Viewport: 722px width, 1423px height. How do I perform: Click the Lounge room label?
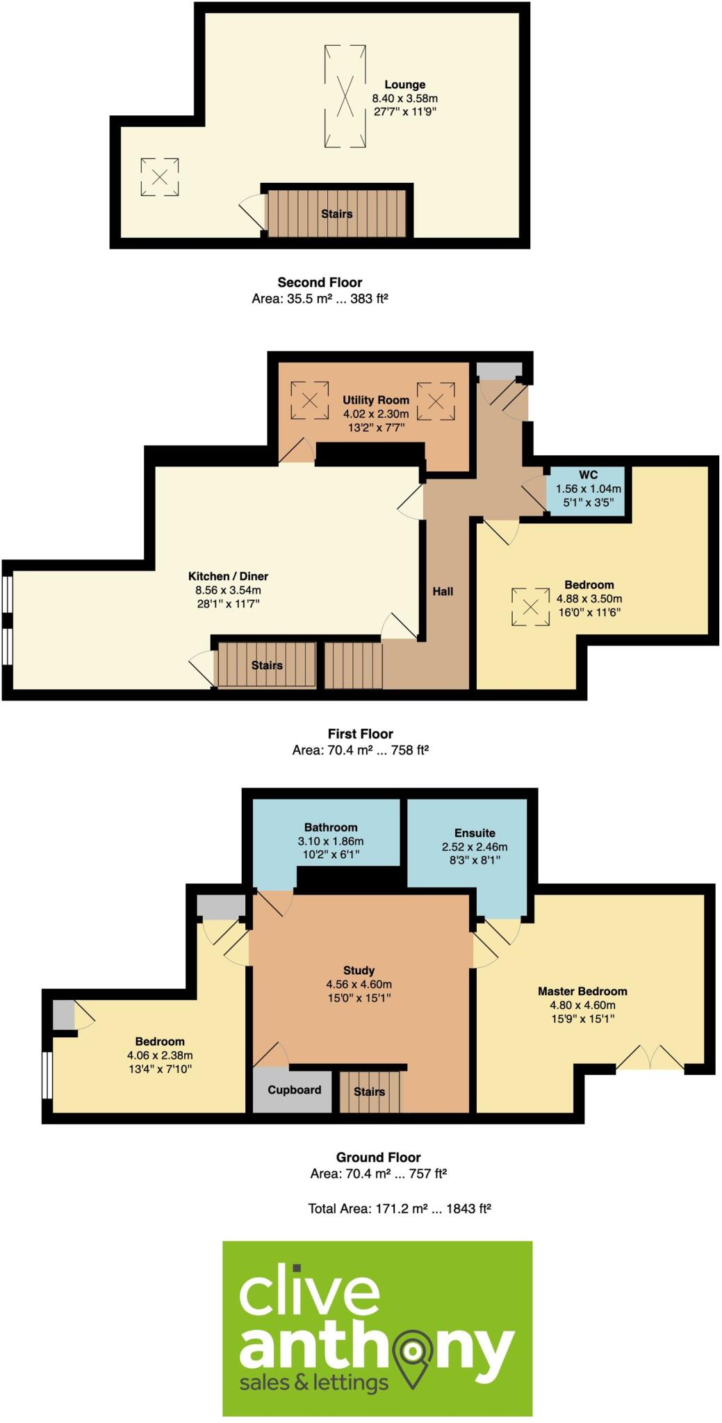pyautogui.click(x=404, y=85)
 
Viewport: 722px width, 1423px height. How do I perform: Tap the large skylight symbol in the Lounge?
pyautogui.click(x=345, y=96)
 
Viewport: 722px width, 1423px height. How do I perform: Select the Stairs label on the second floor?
pyautogui.click(x=336, y=214)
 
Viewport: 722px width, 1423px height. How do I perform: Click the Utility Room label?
pyautogui.click(x=375, y=400)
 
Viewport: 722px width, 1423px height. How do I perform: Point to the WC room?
pyautogui.click(x=588, y=489)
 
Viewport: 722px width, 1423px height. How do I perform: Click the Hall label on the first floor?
pyautogui.click(x=443, y=591)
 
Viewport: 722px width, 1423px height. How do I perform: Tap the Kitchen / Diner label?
pyautogui.click(x=228, y=576)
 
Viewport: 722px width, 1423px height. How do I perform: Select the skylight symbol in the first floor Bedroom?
pyautogui.click(x=530, y=607)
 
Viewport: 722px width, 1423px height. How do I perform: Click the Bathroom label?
pyautogui.click(x=331, y=828)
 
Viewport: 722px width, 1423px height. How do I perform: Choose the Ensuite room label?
pyautogui.click(x=475, y=833)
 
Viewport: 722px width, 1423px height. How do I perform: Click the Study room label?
pyautogui.click(x=359, y=971)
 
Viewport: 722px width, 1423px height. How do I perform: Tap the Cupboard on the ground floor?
pyautogui.click(x=294, y=1089)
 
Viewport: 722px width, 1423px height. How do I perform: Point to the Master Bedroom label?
pyautogui.click(x=582, y=992)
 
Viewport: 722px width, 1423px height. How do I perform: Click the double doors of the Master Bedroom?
pyautogui.click(x=650, y=1059)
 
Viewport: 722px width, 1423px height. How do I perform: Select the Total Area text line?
pyautogui.click(x=400, y=1208)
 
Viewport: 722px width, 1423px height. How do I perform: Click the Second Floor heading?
pyautogui.click(x=320, y=282)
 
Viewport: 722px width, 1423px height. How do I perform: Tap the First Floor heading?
pyautogui.click(x=360, y=734)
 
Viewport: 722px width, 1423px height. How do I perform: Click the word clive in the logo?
pyautogui.click(x=309, y=1293)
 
